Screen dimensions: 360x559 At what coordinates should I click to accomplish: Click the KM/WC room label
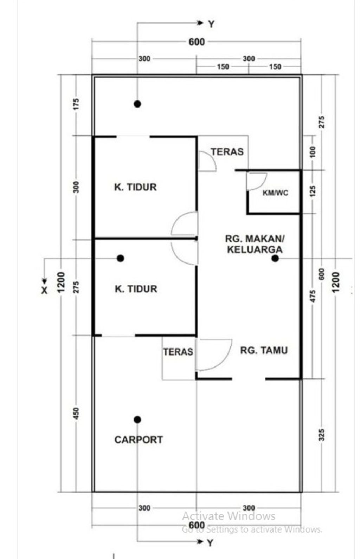point(275,193)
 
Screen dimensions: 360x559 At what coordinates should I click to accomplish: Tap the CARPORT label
point(139,440)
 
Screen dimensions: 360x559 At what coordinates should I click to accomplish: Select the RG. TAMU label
point(264,350)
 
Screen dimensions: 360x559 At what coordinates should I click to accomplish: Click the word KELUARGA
point(255,249)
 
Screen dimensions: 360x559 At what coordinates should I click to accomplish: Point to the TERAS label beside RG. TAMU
point(178,352)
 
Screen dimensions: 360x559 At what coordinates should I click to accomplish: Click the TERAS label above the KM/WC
point(227,152)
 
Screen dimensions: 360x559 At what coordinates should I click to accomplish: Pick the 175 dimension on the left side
point(76,104)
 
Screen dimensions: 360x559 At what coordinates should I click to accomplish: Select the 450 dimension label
point(76,413)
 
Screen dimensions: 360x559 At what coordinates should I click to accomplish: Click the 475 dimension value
point(313,296)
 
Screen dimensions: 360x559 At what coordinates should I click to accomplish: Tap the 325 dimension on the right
point(322,435)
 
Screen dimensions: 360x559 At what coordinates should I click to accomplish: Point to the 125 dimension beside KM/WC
point(313,191)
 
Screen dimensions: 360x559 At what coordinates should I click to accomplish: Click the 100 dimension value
point(313,152)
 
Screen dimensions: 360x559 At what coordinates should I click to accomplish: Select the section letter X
point(44,290)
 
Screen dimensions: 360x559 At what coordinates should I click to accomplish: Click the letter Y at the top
point(211,24)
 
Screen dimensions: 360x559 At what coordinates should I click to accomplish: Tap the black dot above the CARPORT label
point(137,420)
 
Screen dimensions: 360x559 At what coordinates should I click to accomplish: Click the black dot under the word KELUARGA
point(275,258)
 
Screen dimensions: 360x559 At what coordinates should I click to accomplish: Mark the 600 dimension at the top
point(197,42)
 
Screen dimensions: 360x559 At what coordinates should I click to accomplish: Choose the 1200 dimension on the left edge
point(61,282)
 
